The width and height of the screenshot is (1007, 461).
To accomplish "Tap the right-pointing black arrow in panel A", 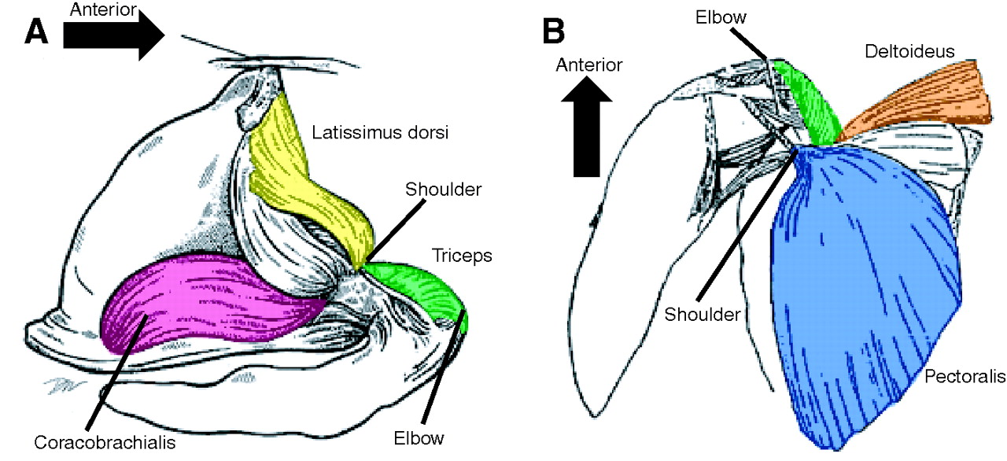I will (113, 35).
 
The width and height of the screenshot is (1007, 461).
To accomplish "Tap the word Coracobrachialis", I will (105, 441).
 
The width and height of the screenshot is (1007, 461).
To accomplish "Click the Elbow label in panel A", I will (419, 437).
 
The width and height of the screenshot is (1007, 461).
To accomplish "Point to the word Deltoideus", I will (909, 51).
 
